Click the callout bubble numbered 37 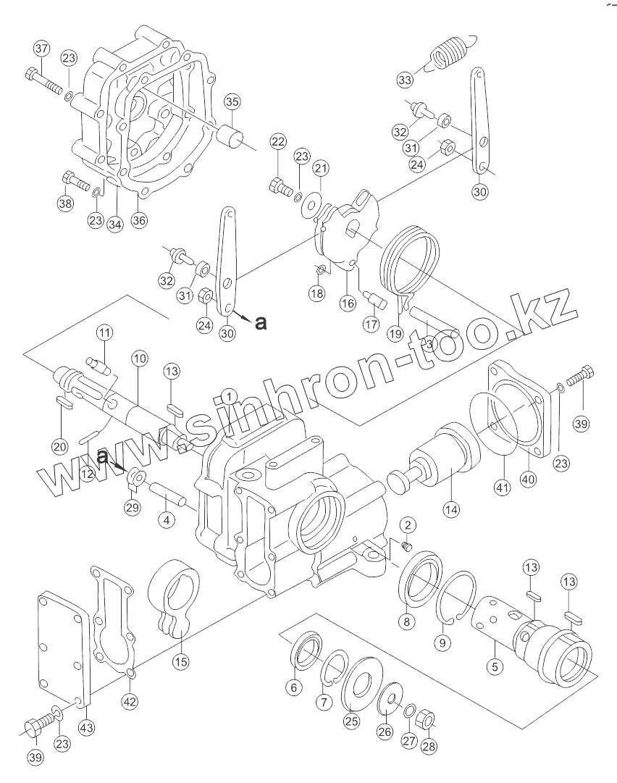pos(41,49)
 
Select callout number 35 pos(231,102)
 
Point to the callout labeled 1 pos(229,396)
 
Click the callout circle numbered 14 pos(452,510)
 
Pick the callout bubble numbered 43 pos(85,727)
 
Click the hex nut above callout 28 pos(427,721)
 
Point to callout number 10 pos(139,359)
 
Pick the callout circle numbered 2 pos(407,524)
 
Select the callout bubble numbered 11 pos(106,333)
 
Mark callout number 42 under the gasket pos(130,700)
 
